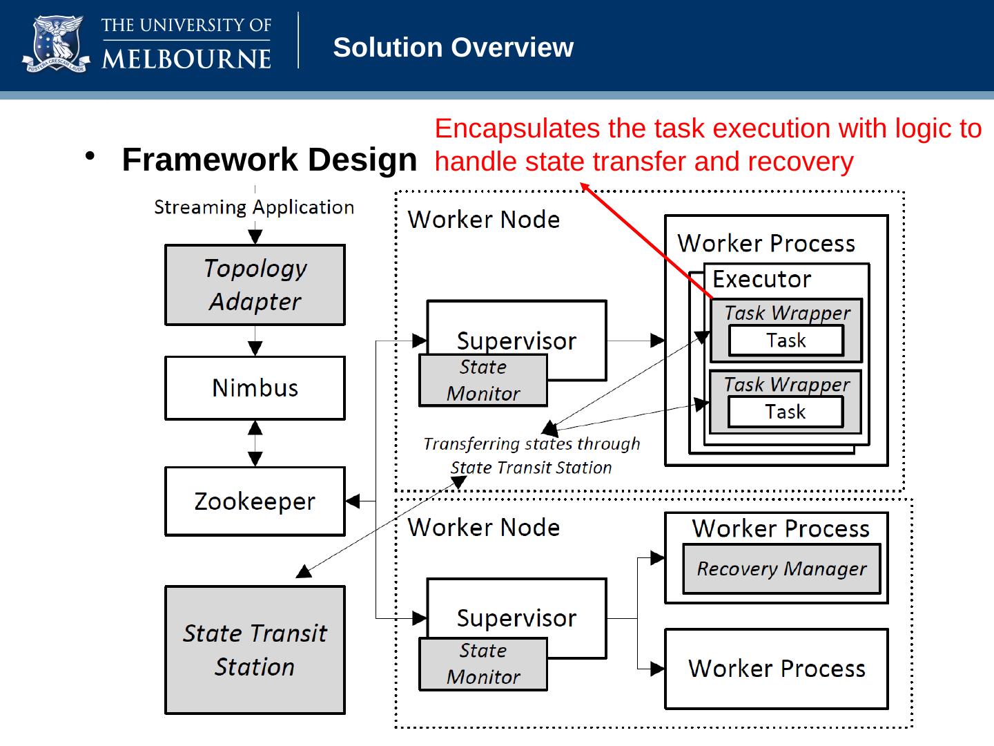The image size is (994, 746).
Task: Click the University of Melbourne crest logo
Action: point(56,46)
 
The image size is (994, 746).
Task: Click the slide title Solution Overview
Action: point(453,48)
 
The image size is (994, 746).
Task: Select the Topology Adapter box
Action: point(255,285)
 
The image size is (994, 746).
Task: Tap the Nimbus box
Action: point(255,388)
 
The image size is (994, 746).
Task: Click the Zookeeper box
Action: point(255,501)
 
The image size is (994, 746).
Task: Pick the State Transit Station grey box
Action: point(255,649)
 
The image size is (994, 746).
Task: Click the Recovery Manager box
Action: point(781,568)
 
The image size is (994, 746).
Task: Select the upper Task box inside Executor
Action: point(786,341)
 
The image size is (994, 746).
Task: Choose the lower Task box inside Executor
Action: point(785,412)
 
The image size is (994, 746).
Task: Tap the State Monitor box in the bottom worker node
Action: point(483,664)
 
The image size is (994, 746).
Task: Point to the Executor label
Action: point(761,279)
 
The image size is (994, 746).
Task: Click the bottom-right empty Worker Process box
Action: point(776,669)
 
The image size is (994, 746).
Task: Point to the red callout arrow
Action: point(645,239)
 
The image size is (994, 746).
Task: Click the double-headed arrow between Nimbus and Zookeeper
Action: point(255,443)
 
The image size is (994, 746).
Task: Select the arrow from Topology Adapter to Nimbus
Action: point(255,341)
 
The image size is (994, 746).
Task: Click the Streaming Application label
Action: point(254,207)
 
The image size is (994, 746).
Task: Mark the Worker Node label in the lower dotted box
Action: point(483,528)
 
